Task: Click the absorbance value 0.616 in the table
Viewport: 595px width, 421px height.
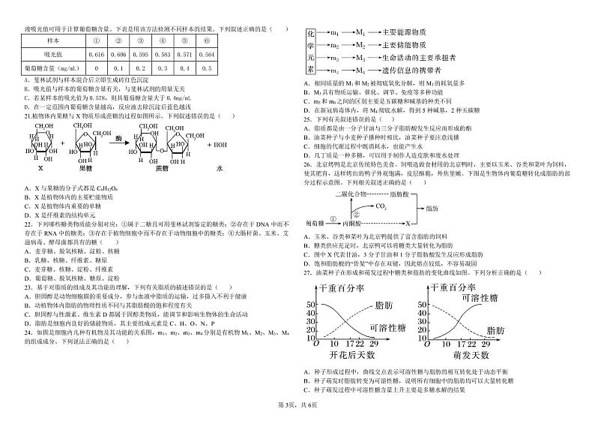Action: point(97,55)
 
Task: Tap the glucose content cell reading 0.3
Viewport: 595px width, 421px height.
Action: point(163,68)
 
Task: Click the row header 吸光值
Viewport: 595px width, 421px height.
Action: point(54,55)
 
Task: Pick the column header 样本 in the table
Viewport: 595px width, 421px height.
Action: point(54,42)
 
